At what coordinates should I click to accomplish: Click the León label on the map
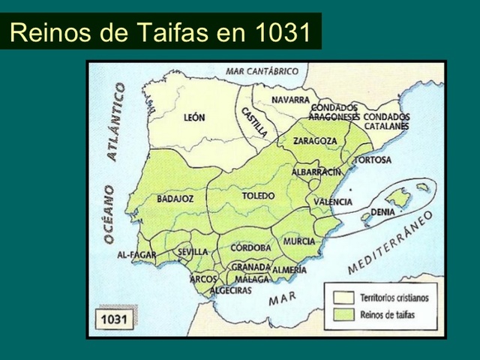point(194,118)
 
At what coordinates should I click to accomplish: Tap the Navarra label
point(291,100)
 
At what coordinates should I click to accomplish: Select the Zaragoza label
point(315,140)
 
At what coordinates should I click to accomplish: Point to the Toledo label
point(258,196)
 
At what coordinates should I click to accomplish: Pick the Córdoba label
point(251,247)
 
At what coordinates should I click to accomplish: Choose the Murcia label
point(299,241)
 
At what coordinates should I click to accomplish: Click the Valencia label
point(333,202)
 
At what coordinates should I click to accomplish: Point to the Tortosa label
point(372,160)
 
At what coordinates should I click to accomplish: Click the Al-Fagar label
point(136,255)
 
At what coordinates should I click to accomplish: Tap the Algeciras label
point(230,290)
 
